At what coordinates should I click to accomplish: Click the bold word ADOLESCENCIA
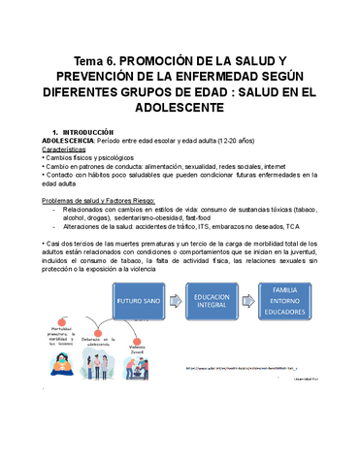pyautogui.click(x=62, y=142)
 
